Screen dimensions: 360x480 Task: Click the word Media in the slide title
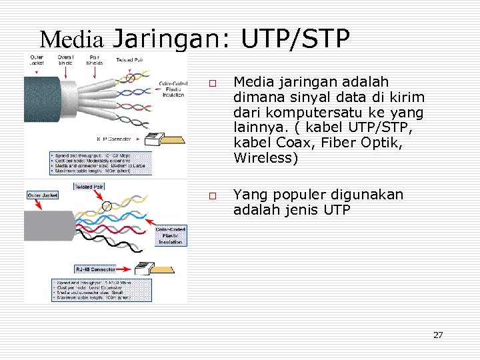tap(71, 40)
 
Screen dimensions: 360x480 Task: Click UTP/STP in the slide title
tap(296, 39)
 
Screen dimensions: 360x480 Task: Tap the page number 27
tap(437, 335)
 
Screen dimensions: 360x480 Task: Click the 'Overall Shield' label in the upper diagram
tap(65, 60)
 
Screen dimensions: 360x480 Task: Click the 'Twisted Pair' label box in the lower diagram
tap(87, 187)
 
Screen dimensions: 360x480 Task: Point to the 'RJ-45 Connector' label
tap(95, 269)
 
